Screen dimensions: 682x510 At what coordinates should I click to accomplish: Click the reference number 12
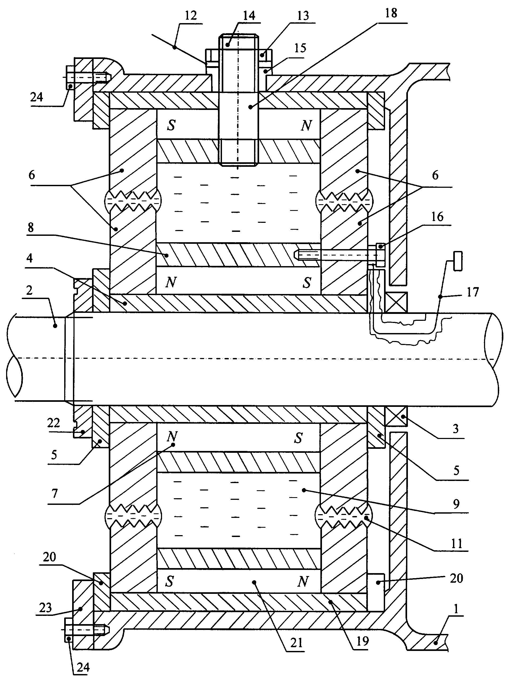(x=191, y=16)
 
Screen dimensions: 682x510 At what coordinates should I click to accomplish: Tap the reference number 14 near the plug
(x=249, y=16)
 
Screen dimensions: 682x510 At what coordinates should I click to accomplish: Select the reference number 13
(x=303, y=16)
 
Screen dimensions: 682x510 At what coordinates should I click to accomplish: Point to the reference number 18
(x=391, y=13)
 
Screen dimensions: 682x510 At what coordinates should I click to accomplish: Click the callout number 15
(x=300, y=48)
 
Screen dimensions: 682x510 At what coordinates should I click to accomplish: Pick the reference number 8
(x=30, y=228)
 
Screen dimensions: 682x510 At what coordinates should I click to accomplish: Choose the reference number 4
(x=29, y=258)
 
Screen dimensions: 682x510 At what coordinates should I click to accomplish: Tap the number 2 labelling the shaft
(x=29, y=290)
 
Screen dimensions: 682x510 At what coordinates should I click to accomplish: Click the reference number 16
(x=437, y=217)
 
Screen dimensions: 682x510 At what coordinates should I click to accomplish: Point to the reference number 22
(x=53, y=423)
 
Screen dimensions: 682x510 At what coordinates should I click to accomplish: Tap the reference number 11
(x=457, y=543)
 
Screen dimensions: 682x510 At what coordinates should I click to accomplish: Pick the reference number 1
(x=456, y=609)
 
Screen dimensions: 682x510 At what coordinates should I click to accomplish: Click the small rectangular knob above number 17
(x=458, y=261)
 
